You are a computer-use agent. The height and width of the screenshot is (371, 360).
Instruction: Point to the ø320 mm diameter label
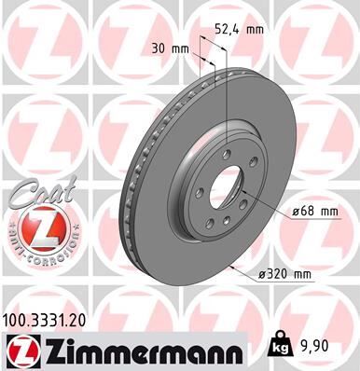click(x=283, y=274)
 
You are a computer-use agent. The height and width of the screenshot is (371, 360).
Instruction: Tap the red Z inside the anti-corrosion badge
click(x=37, y=225)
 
